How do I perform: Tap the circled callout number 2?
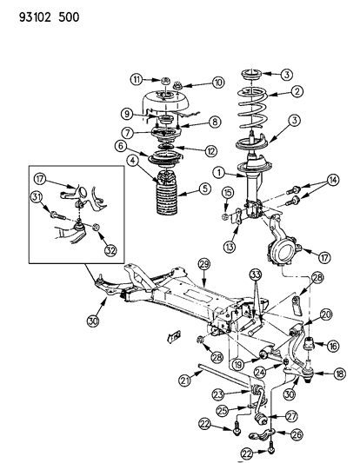pyautogui.click(x=297, y=91)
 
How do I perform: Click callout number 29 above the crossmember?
pyautogui.click(x=202, y=262)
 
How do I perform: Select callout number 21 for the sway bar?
pyautogui.click(x=184, y=380)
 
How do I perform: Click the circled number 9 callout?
pyautogui.click(x=126, y=113)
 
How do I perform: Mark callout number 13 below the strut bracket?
pyautogui.click(x=230, y=245)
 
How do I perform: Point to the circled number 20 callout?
pyautogui.click(x=326, y=314)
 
